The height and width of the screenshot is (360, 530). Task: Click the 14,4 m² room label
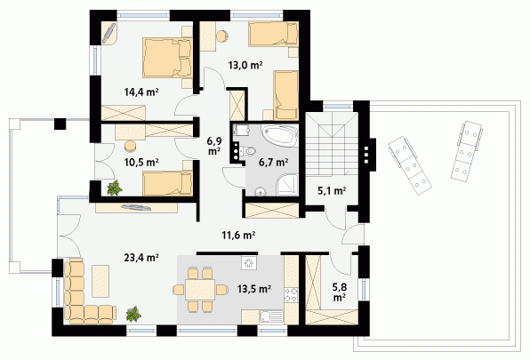tap(141, 92)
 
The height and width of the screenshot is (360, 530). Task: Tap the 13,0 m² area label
tap(245, 65)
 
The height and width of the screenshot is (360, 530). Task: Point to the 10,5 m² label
tap(141, 163)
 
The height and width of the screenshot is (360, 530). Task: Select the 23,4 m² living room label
tap(141, 258)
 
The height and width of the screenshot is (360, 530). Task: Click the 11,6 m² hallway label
tap(238, 235)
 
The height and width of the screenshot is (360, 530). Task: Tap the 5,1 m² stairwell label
tap(332, 191)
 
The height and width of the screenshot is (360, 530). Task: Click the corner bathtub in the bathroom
tap(280, 135)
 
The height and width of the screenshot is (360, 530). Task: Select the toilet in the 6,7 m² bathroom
tap(248, 151)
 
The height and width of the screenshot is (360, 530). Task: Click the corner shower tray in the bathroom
tap(287, 186)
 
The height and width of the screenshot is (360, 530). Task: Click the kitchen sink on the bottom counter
tap(271, 317)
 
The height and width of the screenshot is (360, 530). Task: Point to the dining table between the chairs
tap(200, 290)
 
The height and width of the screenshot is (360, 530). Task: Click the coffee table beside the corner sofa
tap(100, 281)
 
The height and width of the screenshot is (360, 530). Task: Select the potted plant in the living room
tap(134, 314)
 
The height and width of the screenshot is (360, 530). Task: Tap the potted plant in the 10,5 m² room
tap(115, 188)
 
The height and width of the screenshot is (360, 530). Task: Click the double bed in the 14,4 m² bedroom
tap(167, 58)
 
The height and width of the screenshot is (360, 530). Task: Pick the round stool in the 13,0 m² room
tap(222, 36)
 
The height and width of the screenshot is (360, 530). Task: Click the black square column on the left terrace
tap(60, 124)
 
